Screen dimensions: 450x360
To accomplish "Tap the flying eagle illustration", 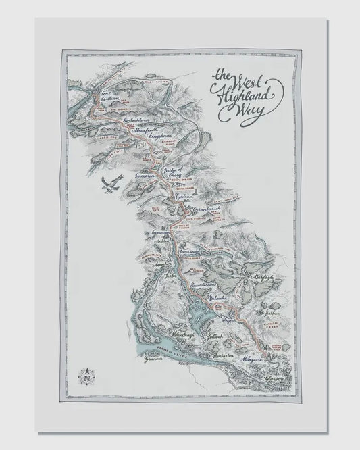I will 107,183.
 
